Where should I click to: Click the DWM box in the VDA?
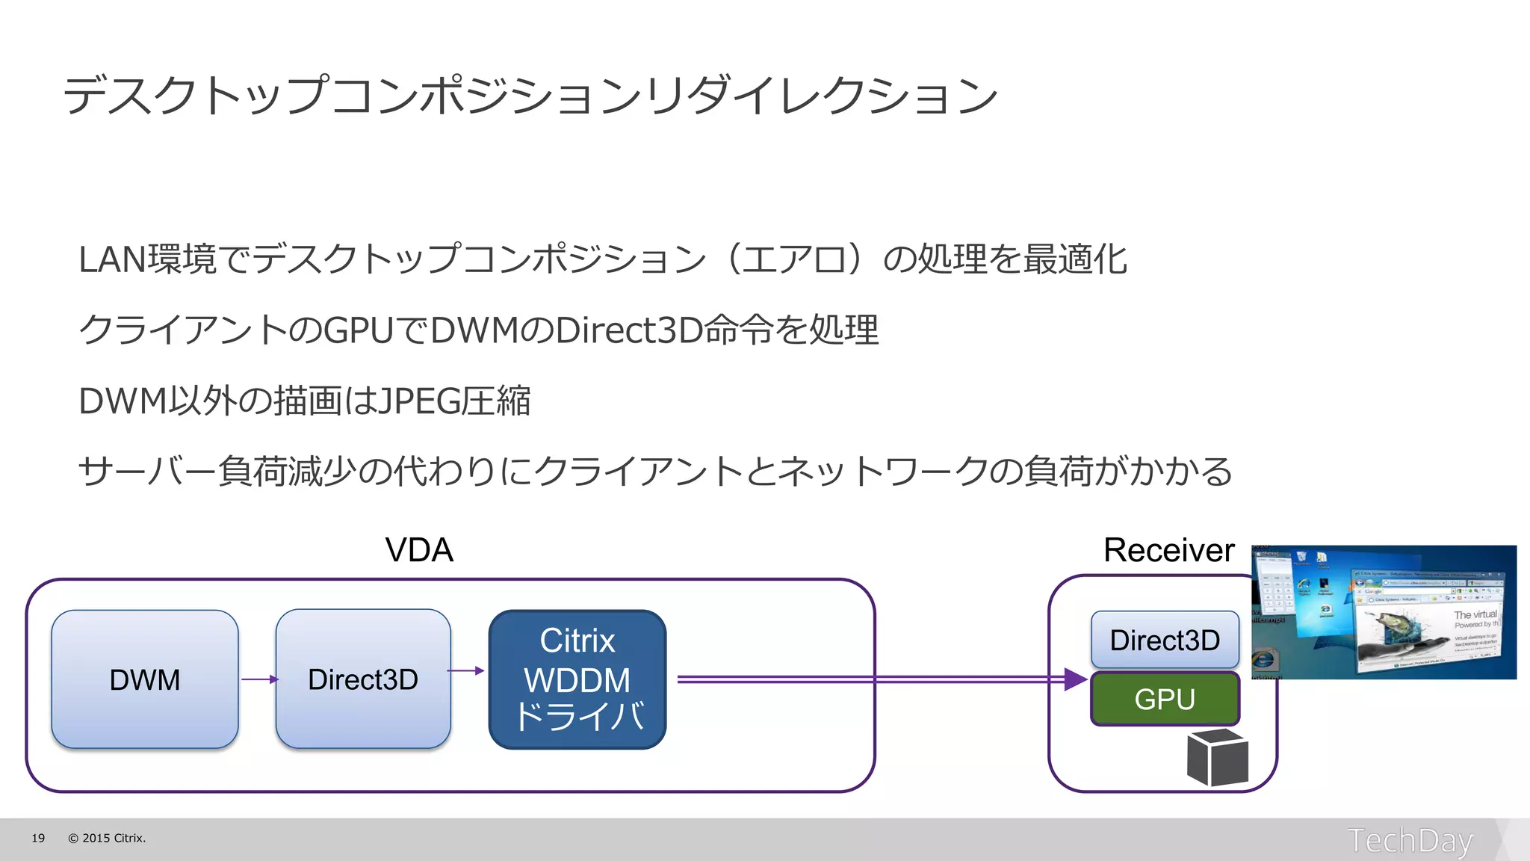coord(145,679)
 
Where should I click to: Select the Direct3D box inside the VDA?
coord(363,679)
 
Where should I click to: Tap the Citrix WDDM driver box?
coord(577,679)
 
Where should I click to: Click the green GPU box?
coord(1165,699)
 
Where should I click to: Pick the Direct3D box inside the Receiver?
coord(1165,640)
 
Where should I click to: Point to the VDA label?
coord(419,550)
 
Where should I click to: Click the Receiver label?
coord(1168,550)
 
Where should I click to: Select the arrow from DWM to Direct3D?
coord(259,679)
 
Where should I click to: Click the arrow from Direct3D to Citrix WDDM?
coord(466,670)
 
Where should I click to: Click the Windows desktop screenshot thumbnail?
coord(1384,612)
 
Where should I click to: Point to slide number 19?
coord(38,838)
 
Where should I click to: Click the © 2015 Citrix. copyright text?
coord(107,838)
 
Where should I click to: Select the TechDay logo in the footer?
coord(1410,840)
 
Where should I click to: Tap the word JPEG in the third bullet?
coord(419,401)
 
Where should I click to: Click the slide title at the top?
coord(530,96)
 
